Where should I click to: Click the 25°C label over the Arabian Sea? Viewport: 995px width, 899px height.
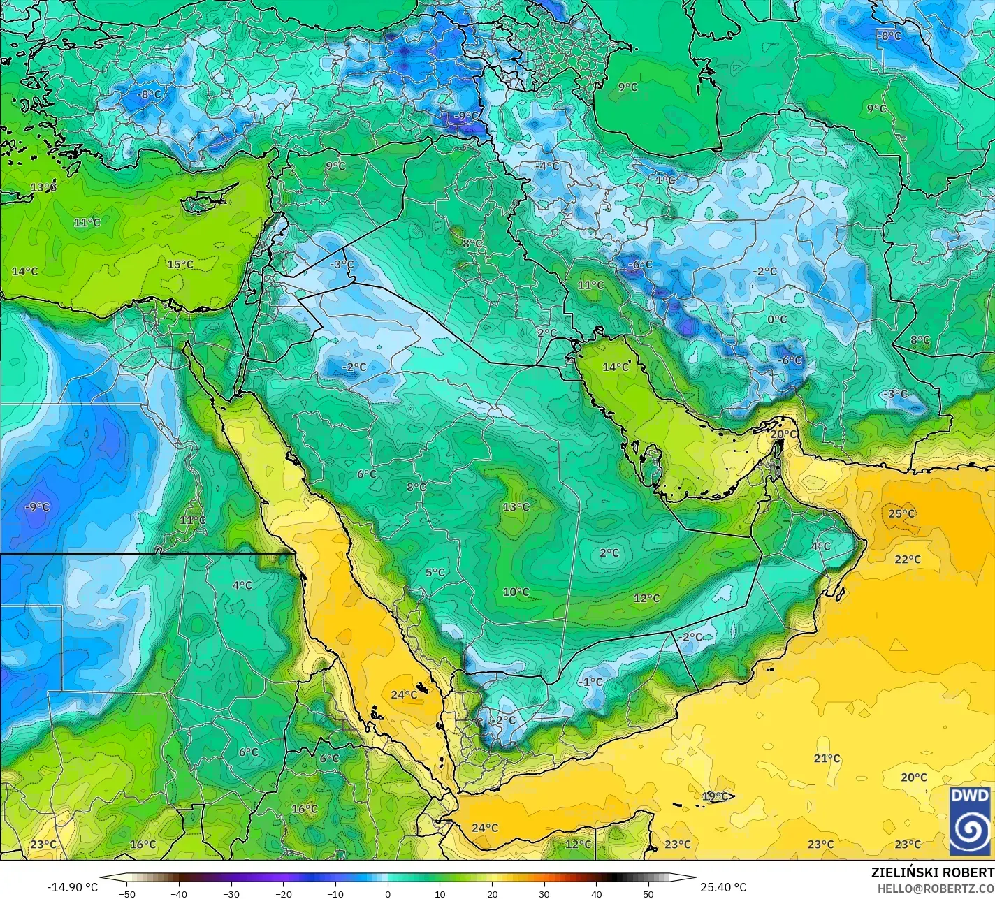coord(901,514)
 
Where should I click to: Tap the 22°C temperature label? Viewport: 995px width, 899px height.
coord(908,560)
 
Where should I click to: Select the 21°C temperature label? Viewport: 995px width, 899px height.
coord(827,759)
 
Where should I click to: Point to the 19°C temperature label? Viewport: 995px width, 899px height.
coord(715,796)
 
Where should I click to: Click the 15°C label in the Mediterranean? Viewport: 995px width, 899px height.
coord(180,265)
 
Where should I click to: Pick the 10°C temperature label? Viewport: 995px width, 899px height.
coord(516,592)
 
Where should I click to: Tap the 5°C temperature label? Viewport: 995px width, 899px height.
coord(435,573)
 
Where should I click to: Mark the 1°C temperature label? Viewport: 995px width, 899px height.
coord(665,180)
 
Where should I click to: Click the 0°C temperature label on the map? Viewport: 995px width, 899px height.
coord(777,320)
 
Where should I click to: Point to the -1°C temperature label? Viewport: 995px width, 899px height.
coord(590,682)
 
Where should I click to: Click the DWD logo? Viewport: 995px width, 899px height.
coord(970,821)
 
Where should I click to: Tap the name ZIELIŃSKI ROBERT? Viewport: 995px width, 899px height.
coord(932,873)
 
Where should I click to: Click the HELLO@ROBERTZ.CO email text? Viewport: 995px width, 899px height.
coord(936,888)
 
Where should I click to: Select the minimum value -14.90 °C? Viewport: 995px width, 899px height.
coord(72,888)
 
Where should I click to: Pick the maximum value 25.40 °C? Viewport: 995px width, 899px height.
coord(723,888)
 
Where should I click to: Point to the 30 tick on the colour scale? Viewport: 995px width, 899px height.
coord(544,893)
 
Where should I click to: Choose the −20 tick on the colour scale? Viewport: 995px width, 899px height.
coord(283,893)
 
